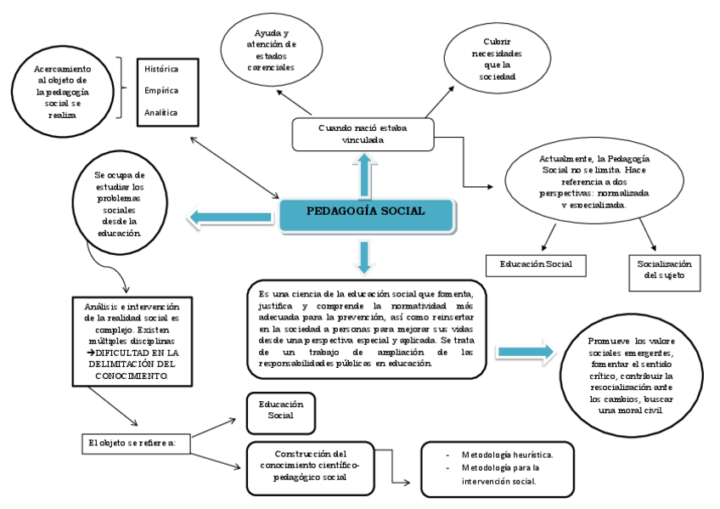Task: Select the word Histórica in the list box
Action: (x=161, y=68)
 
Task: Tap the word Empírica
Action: (x=161, y=89)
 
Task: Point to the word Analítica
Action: (x=161, y=111)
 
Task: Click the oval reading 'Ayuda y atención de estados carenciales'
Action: (x=271, y=49)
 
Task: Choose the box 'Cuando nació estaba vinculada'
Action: (x=363, y=133)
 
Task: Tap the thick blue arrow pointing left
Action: (x=229, y=218)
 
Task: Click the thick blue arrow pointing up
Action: (x=364, y=174)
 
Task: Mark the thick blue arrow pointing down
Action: (x=364, y=256)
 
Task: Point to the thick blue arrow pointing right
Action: (x=525, y=352)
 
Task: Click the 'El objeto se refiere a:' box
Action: (x=136, y=443)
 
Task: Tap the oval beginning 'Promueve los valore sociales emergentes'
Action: (x=631, y=375)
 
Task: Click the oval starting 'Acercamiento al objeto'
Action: (x=64, y=91)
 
